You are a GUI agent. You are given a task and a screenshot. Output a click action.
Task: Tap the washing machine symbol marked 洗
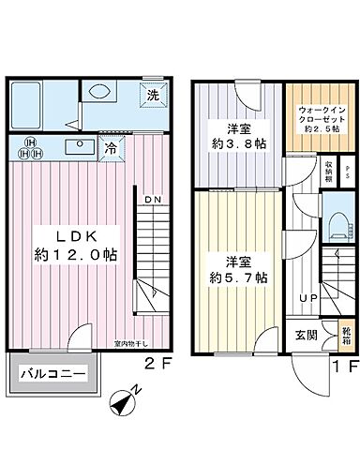click(152, 95)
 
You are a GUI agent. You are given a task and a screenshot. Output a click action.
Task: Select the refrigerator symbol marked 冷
click(111, 147)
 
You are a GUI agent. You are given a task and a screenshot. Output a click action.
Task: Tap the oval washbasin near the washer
click(97, 92)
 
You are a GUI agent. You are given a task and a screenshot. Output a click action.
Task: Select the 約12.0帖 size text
click(65, 254)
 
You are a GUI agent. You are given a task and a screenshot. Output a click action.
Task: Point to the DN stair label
click(153, 200)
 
